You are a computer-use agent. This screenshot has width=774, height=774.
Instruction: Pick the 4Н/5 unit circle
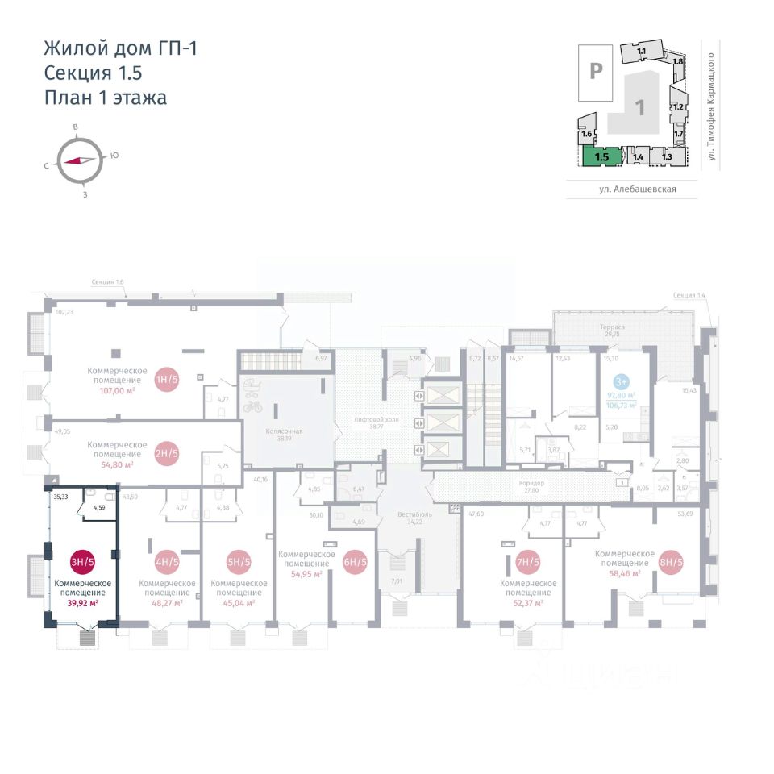click(x=168, y=562)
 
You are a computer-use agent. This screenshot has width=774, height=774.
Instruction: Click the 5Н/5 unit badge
click(x=239, y=562)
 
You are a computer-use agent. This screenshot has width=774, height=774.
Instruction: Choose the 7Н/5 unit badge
click(x=527, y=562)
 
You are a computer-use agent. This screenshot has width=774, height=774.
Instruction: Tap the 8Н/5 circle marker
click(x=671, y=562)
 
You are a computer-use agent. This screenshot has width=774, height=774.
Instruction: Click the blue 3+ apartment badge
click(x=622, y=381)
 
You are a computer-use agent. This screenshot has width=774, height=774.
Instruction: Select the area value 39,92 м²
click(x=82, y=602)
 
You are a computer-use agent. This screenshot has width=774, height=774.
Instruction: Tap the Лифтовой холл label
click(x=372, y=422)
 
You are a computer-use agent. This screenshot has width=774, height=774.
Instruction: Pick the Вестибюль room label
click(x=416, y=514)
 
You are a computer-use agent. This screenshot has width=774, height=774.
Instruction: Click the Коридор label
click(x=532, y=483)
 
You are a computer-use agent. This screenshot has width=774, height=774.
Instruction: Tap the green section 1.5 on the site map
click(x=601, y=156)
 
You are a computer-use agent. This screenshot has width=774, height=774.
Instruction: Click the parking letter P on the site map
click(x=595, y=71)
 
